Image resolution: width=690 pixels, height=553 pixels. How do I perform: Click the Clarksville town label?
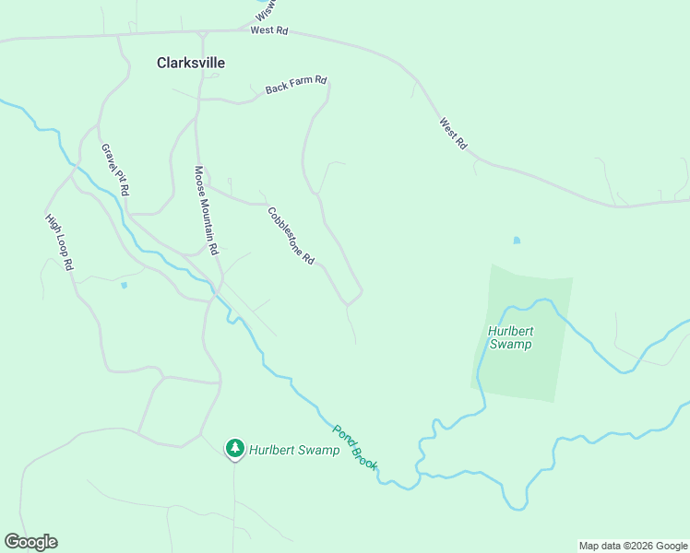[x=191, y=63]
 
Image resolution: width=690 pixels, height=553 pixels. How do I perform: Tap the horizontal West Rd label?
[x=269, y=30]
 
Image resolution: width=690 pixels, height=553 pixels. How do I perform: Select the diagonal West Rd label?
[x=454, y=134]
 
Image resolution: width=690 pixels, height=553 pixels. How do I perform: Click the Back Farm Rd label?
[x=296, y=85]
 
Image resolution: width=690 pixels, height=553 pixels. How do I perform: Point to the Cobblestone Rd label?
[x=291, y=236]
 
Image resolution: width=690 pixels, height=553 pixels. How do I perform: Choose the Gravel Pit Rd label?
[x=115, y=170]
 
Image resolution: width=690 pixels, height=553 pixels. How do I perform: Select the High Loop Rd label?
[x=59, y=241]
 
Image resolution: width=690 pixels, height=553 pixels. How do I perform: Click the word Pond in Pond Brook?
[x=343, y=434]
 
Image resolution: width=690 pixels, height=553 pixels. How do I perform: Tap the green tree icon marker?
[x=235, y=449]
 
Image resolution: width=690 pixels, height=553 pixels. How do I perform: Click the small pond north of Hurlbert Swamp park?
[x=517, y=241]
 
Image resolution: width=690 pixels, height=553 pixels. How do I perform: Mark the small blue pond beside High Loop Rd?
[x=124, y=286]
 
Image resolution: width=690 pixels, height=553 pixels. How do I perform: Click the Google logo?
[x=30, y=542]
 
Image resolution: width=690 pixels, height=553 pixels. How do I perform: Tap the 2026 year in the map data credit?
[x=635, y=546]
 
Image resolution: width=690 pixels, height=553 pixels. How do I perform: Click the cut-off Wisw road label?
[x=266, y=11]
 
